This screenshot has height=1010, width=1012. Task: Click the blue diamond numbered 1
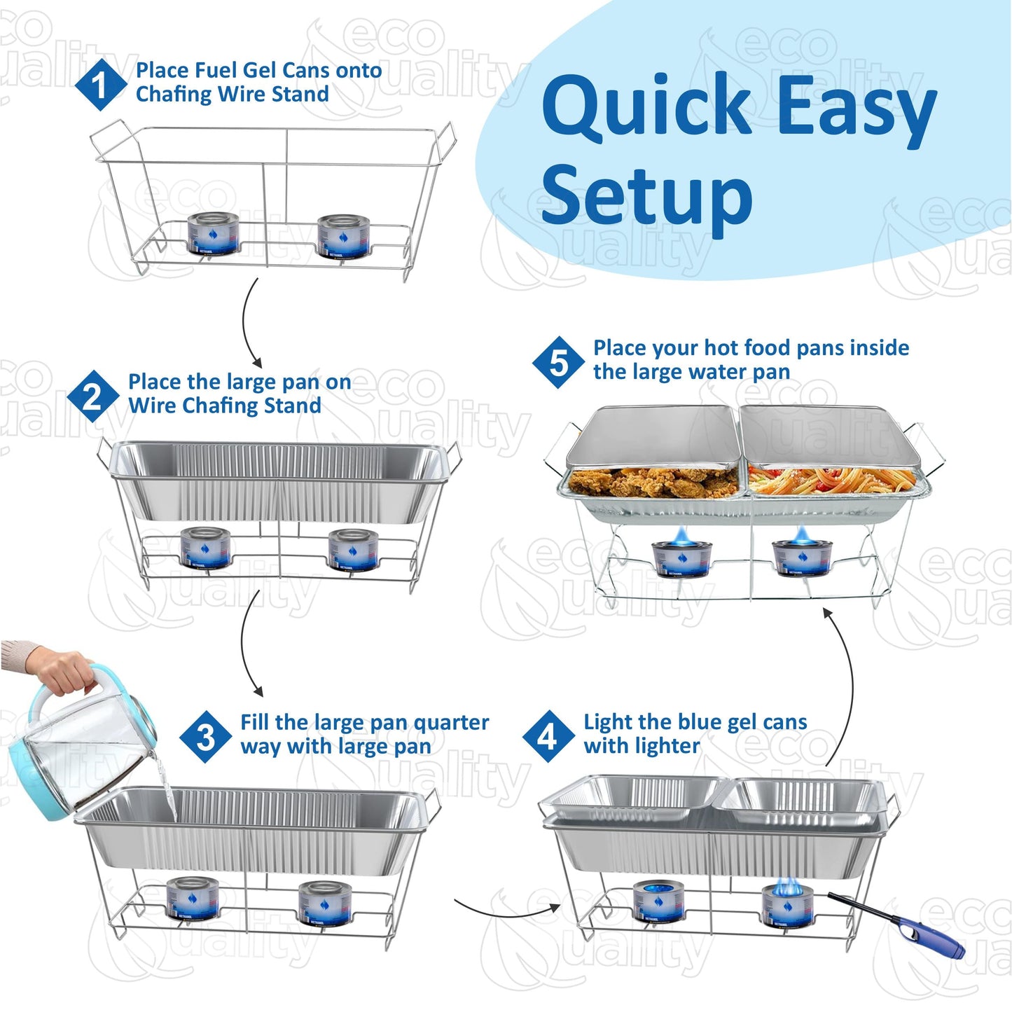(x=101, y=84)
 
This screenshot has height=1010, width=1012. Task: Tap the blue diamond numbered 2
(x=92, y=396)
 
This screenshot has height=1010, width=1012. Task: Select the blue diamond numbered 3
(x=205, y=736)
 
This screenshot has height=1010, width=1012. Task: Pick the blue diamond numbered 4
(x=548, y=736)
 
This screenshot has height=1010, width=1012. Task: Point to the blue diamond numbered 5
(x=559, y=362)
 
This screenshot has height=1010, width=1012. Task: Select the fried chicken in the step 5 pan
(x=651, y=483)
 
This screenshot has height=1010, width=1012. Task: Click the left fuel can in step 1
(x=214, y=234)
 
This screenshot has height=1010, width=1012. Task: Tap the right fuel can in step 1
(x=343, y=235)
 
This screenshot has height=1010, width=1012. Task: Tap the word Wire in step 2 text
(x=152, y=406)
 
